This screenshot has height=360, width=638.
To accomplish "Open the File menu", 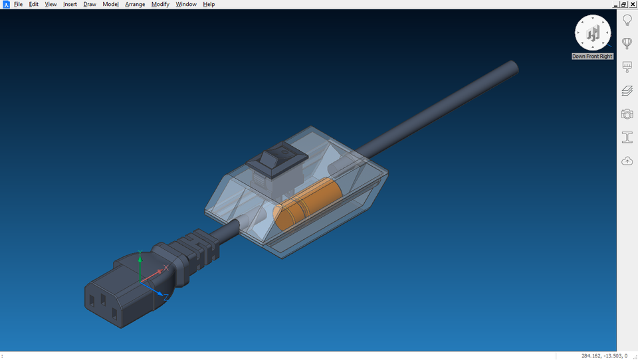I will click(x=18, y=5).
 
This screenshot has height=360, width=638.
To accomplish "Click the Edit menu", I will click(x=33, y=5).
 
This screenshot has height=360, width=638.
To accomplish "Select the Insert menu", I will click(x=70, y=5).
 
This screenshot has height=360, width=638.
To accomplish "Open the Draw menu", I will click(x=90, y=5).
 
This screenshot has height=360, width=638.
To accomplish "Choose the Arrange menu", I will click(x=135, y=5).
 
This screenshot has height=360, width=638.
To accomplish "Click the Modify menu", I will click(x=160, y=5).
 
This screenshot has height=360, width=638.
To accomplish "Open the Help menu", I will click(x=209, y=5).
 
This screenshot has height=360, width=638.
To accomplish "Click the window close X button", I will click(x=633, y=4).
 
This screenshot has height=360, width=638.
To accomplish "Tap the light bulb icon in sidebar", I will click(x=627, y=21).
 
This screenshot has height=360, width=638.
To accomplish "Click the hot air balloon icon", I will click(x=627, y=44).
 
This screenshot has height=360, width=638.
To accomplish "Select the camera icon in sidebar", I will click(x=627, y=114).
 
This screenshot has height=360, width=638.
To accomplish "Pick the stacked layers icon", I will click(x=627, y=91).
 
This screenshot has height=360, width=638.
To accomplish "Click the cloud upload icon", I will click(x=627, y=161).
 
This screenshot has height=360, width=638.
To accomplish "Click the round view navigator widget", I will click(x=592, y=33).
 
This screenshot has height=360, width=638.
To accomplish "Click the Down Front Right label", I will click(x=592, y=56).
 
